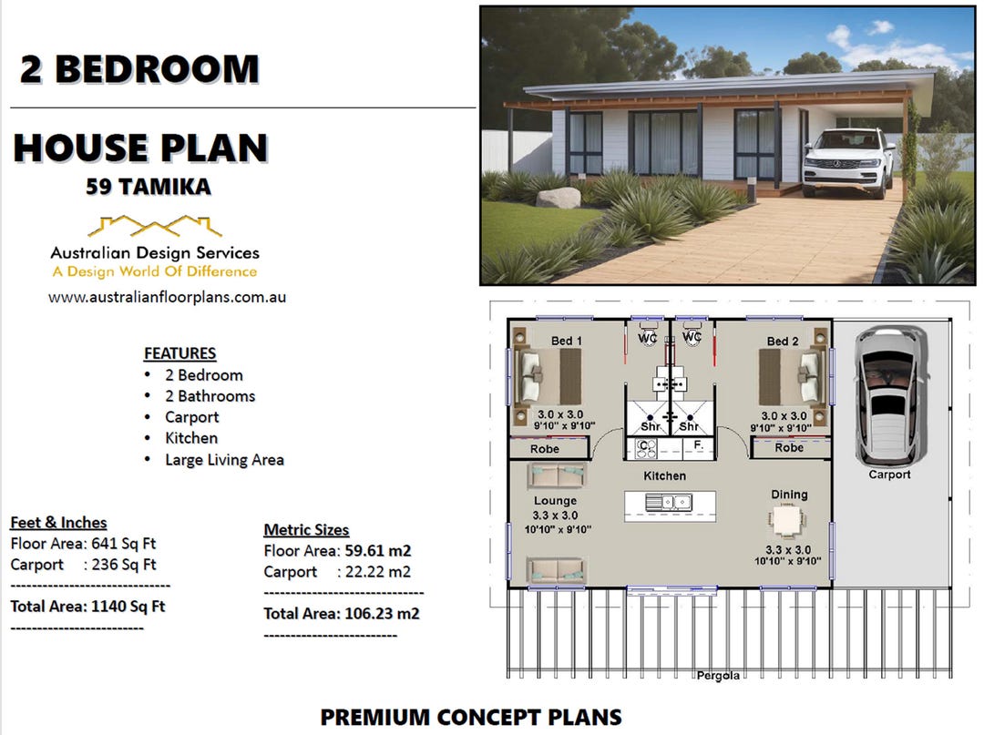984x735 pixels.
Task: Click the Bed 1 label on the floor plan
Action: click(x=566, y=341)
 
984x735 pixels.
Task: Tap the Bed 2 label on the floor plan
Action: click(x=783, y=342)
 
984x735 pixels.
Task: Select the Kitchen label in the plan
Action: click(x=664, y=475)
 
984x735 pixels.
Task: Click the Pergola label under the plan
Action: click(x=718, y=675)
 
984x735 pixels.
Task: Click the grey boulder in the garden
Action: click(x=558, y=197)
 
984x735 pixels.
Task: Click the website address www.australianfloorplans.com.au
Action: click(x=167, y=297)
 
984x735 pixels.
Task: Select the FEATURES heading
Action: click(x=179, y=353)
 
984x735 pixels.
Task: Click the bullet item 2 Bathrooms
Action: click(x=210, y=396)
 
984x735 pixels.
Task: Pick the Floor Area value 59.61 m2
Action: click(x=378, y=551)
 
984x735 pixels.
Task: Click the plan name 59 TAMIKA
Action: click(x=149, y=187)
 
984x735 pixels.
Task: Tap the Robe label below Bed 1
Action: click(x=544, y=449)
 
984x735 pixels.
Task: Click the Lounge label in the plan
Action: click(x=555, y=501)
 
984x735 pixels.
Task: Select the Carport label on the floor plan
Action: click(x=888, y=475)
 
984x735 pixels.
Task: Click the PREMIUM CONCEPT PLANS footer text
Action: click(x=470, y=717)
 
